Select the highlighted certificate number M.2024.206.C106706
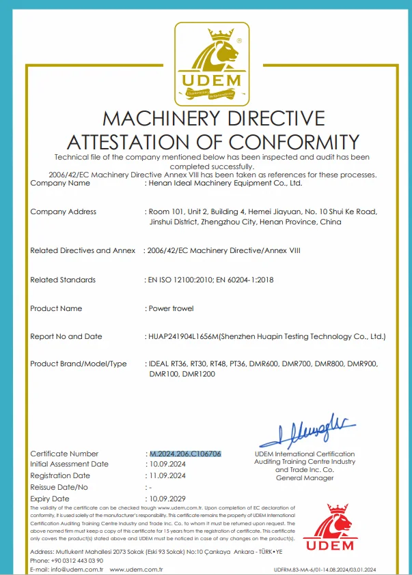point(185,454)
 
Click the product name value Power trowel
point(171,308)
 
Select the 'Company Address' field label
point(64,211)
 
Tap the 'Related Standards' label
point(63,280)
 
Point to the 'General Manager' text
point(305,478)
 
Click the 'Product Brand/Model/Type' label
point(79,364)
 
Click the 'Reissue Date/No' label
point(59,487)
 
